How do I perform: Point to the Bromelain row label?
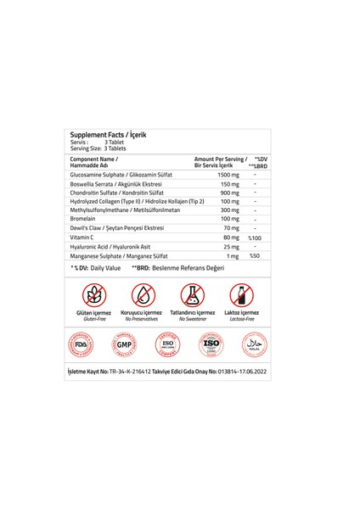[87, 218]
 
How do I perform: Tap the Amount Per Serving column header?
[221, 161]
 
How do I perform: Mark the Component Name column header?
[95, 161]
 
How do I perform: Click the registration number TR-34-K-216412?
[146, 372]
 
